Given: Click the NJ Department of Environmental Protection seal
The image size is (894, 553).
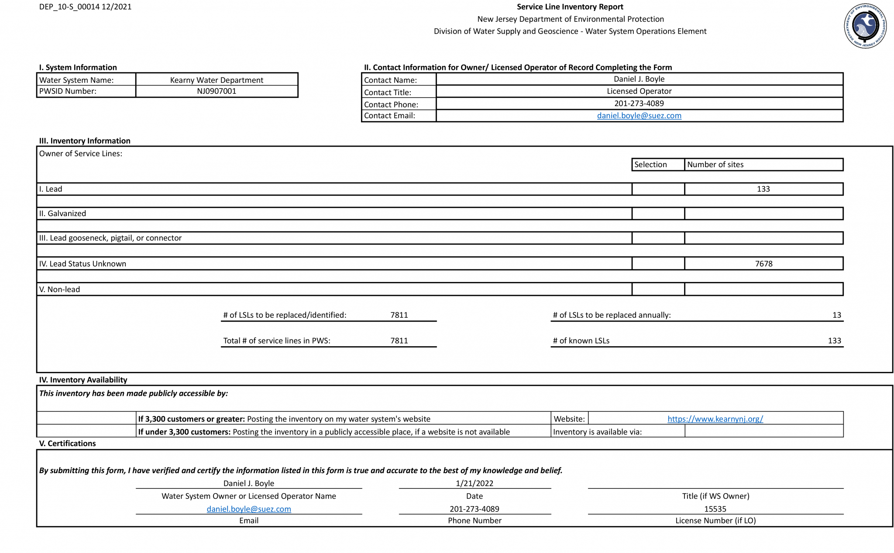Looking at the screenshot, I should coord(865,26).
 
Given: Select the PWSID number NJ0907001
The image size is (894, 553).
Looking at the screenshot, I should coord(217,91).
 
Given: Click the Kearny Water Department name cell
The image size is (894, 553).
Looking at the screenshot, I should coord(217,80).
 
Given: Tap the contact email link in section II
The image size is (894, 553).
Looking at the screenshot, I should coord(639,116).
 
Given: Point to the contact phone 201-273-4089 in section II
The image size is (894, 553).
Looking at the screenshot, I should coord(639,103).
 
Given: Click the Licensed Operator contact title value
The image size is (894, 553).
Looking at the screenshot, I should coord(639,91).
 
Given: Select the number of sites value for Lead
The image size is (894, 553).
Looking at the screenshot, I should coord(763,189).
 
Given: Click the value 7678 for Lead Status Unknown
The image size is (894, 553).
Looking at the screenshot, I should coord(763,264).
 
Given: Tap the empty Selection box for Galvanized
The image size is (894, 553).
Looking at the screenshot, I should coord(658,213).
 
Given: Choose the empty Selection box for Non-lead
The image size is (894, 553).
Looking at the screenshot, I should coord(658,289).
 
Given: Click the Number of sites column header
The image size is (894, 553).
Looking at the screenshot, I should coord(715,165).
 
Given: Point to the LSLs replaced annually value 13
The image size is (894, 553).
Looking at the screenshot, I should coord(836,315).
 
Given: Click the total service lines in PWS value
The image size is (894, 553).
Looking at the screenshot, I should coord(399,341).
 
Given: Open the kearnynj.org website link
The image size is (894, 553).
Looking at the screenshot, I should coord(715,419).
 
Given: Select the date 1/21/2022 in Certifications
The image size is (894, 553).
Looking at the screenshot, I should coord(475,483).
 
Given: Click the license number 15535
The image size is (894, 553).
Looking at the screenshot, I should coord(715,509).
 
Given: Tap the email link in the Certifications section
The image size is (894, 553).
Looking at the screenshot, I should coord(249,509).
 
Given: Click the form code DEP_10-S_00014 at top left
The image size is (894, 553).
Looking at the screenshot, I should coord(85,7).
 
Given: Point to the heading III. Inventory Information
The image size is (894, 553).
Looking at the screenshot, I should coord(85,141).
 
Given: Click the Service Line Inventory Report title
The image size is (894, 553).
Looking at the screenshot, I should coord(570,7).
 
